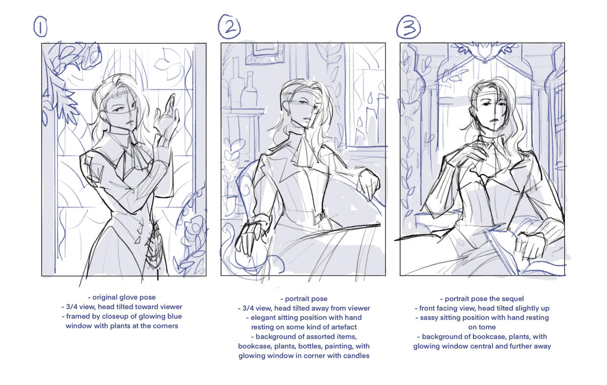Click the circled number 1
click(41, 26)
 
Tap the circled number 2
click(229, 26)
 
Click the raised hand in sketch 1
click(167, 116)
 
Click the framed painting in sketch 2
click(265, 54)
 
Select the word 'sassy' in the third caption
click(428, 318)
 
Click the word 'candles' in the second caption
click(358, 356)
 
